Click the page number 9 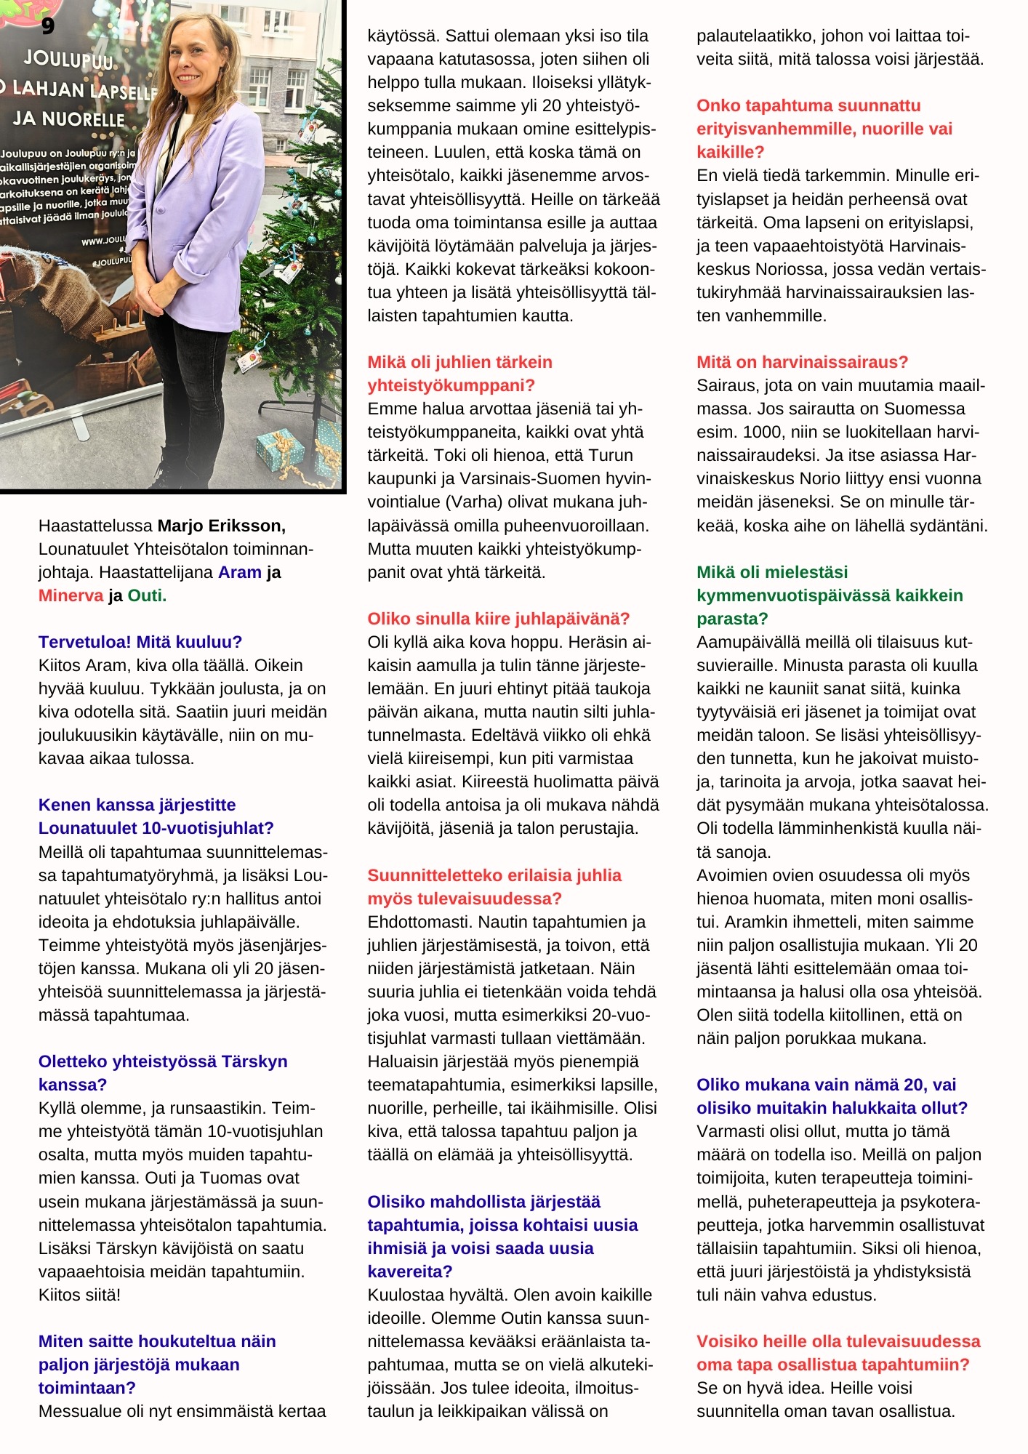[47, 26]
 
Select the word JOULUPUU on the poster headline [69, 60]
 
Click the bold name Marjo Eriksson [221, 526]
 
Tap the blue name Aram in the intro [239, 572]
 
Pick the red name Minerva [71, 595]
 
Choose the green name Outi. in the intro [147, 595]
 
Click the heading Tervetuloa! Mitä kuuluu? [140, 642]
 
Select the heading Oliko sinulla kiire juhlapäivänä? [498, 619]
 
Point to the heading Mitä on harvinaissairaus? [802, 362]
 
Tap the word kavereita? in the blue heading [409, 1272]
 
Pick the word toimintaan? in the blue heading [87, 1388]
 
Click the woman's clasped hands [162, 296]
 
